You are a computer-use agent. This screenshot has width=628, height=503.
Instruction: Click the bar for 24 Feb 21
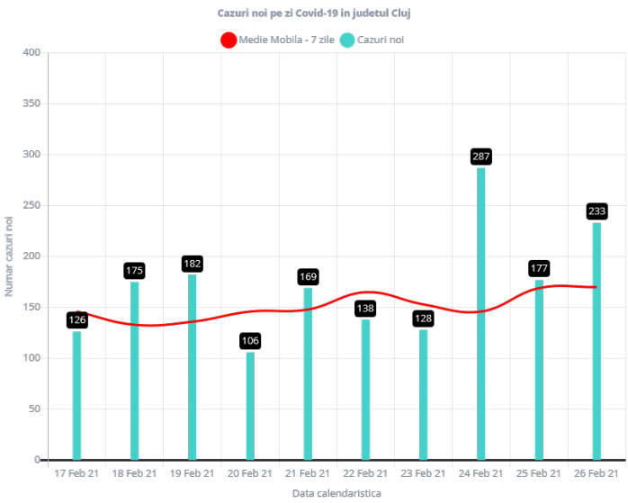[481, 313]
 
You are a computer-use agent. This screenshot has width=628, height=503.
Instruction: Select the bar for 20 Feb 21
[250, 405]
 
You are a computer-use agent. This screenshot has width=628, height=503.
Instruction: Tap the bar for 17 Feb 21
[77, 395]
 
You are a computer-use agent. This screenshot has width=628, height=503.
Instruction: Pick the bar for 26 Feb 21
[597, 341]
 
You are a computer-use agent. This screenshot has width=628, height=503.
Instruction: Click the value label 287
[481, 157]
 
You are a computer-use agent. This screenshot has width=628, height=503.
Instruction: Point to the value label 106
[250, 340]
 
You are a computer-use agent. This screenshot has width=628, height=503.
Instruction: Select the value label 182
[193, 264]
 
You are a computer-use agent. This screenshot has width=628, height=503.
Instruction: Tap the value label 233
[597, 211]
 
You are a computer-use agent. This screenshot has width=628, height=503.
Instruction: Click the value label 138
[365, 309]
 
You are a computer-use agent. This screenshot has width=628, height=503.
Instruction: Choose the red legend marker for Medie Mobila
[229, 40]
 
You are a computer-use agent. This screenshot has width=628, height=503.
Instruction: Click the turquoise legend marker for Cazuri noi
[347, 40]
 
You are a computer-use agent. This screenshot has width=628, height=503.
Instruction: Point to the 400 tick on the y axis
[32, 52]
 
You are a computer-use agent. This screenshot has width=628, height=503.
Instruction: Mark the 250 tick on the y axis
[32, 205]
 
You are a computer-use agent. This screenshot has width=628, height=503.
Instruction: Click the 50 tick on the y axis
[35, 409]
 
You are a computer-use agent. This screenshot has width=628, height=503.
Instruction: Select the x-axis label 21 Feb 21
[308, 473]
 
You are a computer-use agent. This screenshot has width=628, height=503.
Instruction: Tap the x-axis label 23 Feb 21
[423, 473]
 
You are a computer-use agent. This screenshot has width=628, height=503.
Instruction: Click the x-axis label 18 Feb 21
[135, 473]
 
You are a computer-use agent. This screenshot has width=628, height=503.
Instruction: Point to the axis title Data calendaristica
[336, 493]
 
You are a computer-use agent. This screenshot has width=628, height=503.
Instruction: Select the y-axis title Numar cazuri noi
[10, 256]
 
